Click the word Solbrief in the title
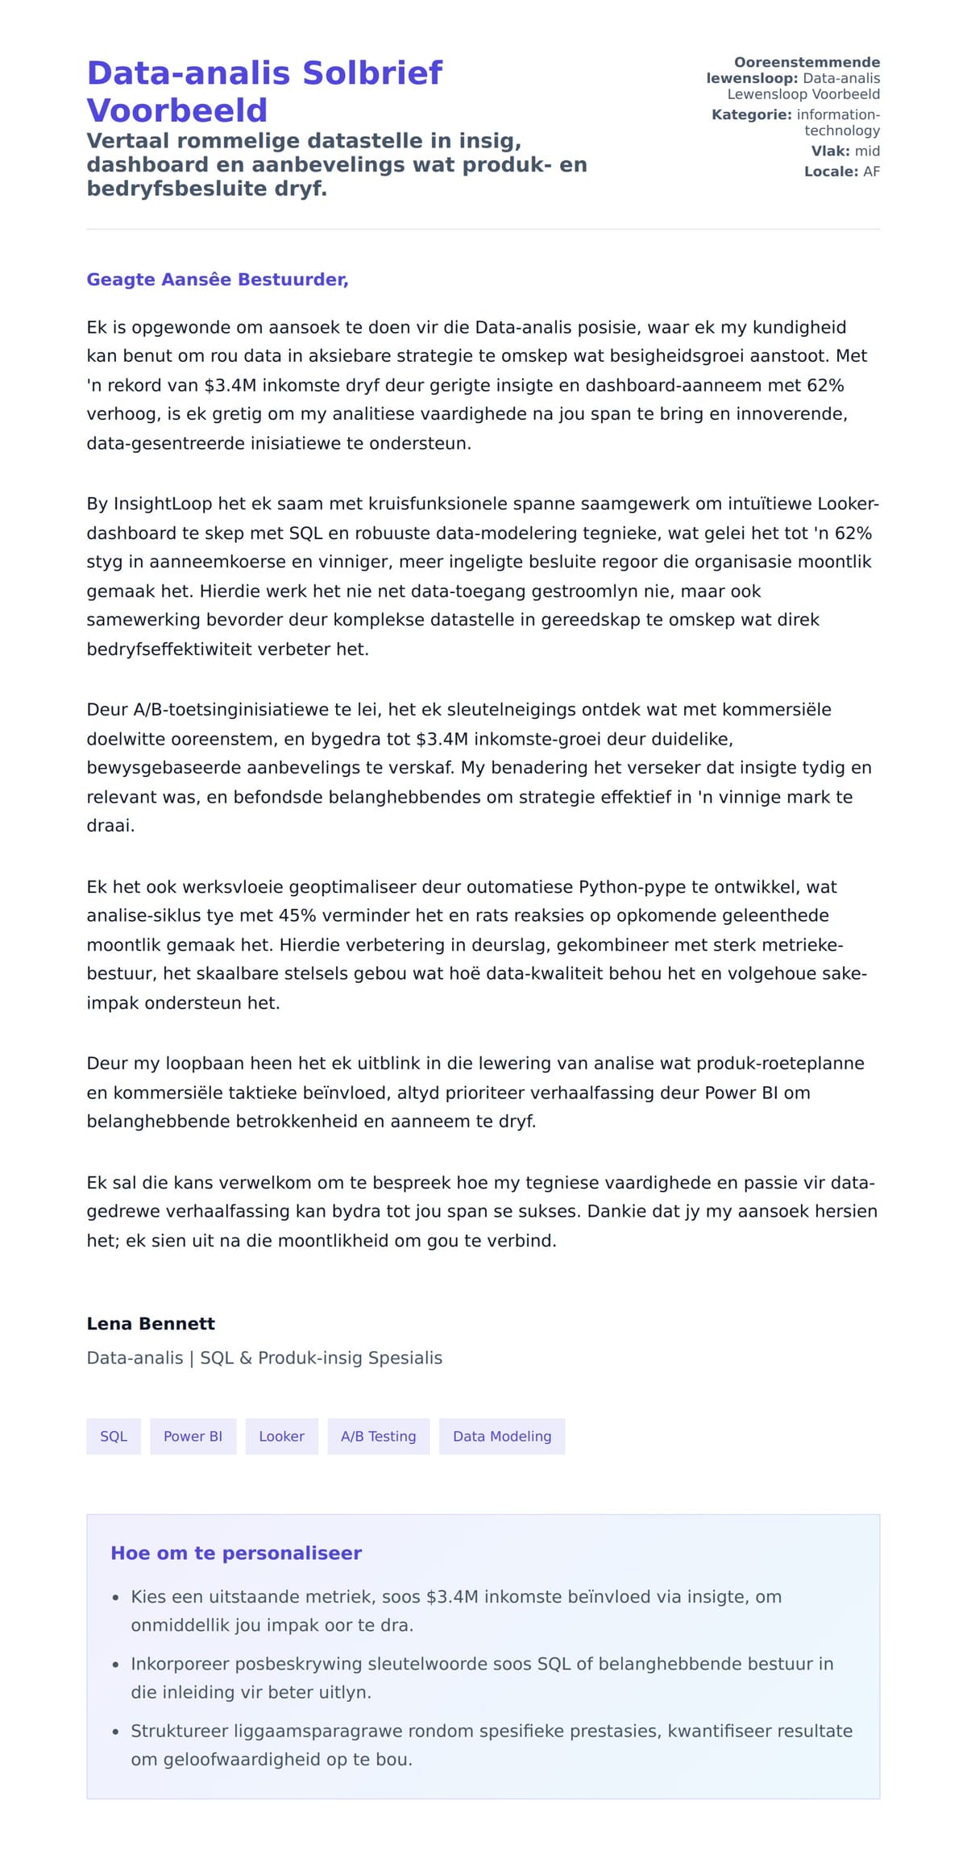click(371, 73)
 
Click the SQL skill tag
click(114, 1436)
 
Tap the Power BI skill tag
click(193, 1436)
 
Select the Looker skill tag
click(281, 1436)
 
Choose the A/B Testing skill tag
click(378, 1436)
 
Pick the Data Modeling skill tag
click(501, 1436)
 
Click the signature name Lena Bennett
click(151, 1323)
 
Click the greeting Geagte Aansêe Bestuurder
click(217, 280)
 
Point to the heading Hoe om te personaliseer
click(236, 1553)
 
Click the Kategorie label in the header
click(751, 114)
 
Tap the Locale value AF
click(871, 172)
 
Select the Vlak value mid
click(867, 151)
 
